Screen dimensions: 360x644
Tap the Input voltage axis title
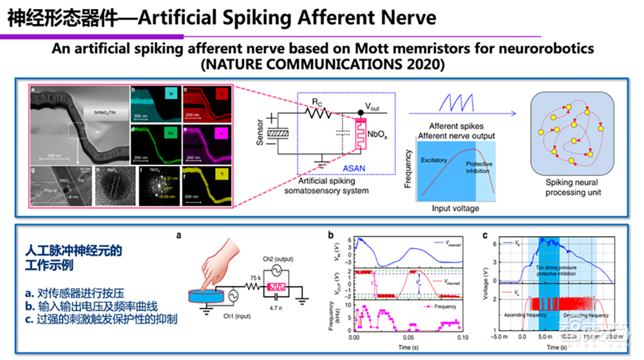(x=455, y=209)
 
